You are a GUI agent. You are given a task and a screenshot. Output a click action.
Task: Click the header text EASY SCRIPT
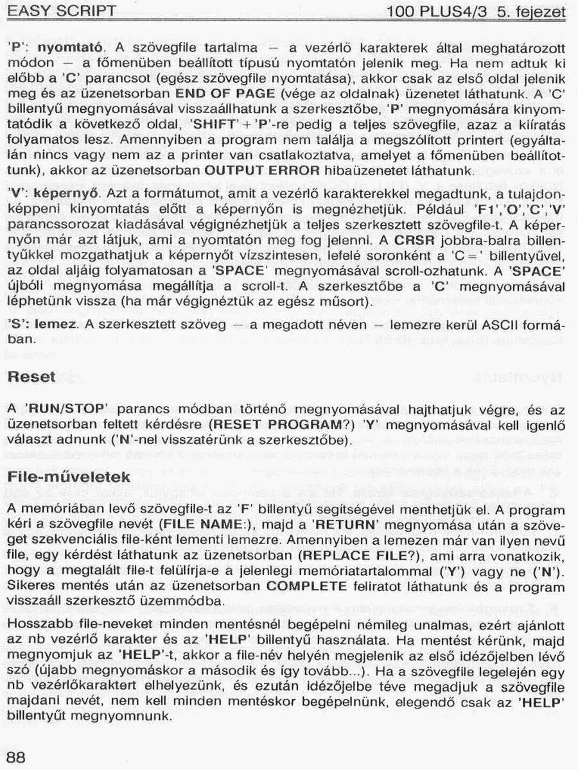62,12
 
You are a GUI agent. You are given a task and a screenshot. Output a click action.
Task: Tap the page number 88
16,757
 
